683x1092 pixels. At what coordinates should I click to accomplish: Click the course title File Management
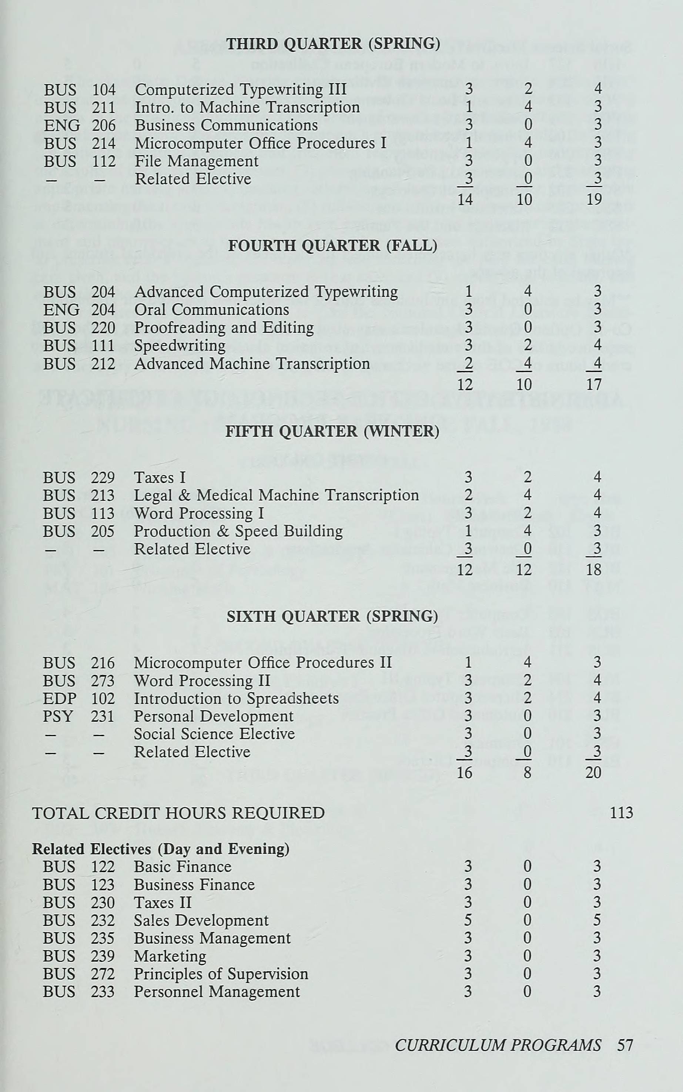[197, 161]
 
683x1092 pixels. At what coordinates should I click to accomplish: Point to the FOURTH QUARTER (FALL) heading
[332, 246]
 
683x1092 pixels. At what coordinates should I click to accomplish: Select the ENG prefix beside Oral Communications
[61, 310]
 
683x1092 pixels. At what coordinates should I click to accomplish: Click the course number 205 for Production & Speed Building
[103, 531]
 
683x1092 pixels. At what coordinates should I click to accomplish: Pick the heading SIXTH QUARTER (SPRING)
[332, 616]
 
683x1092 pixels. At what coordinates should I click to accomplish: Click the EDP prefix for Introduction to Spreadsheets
[60, 698]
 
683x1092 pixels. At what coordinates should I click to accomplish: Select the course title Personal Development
[214, 716]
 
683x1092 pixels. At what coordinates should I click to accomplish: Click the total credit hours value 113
[621, 813]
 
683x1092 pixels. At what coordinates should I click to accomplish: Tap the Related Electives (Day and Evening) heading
[160, 849]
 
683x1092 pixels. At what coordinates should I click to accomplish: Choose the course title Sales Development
[201, 920]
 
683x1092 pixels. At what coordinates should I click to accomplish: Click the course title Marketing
[170, 956]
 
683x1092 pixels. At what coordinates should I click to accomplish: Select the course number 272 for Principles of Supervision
[103, 974]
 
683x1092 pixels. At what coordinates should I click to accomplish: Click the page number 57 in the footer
[625, 1045]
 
